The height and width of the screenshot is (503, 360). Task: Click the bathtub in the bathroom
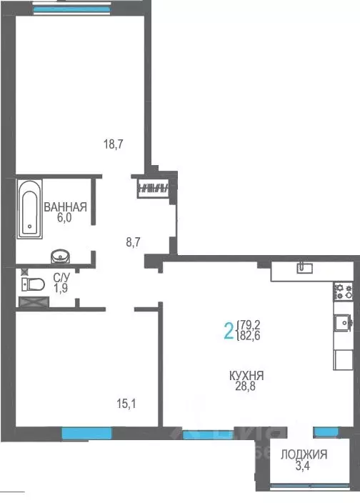(29, 208)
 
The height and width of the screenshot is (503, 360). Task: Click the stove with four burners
(344, 291)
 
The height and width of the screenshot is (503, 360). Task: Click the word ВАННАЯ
(65, 208)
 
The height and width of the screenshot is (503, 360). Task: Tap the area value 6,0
(65, 220)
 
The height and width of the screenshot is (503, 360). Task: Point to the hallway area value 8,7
(134, 242)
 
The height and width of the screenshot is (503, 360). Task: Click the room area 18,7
(114, 144)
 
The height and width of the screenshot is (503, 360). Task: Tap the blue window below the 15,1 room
(86, 432)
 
